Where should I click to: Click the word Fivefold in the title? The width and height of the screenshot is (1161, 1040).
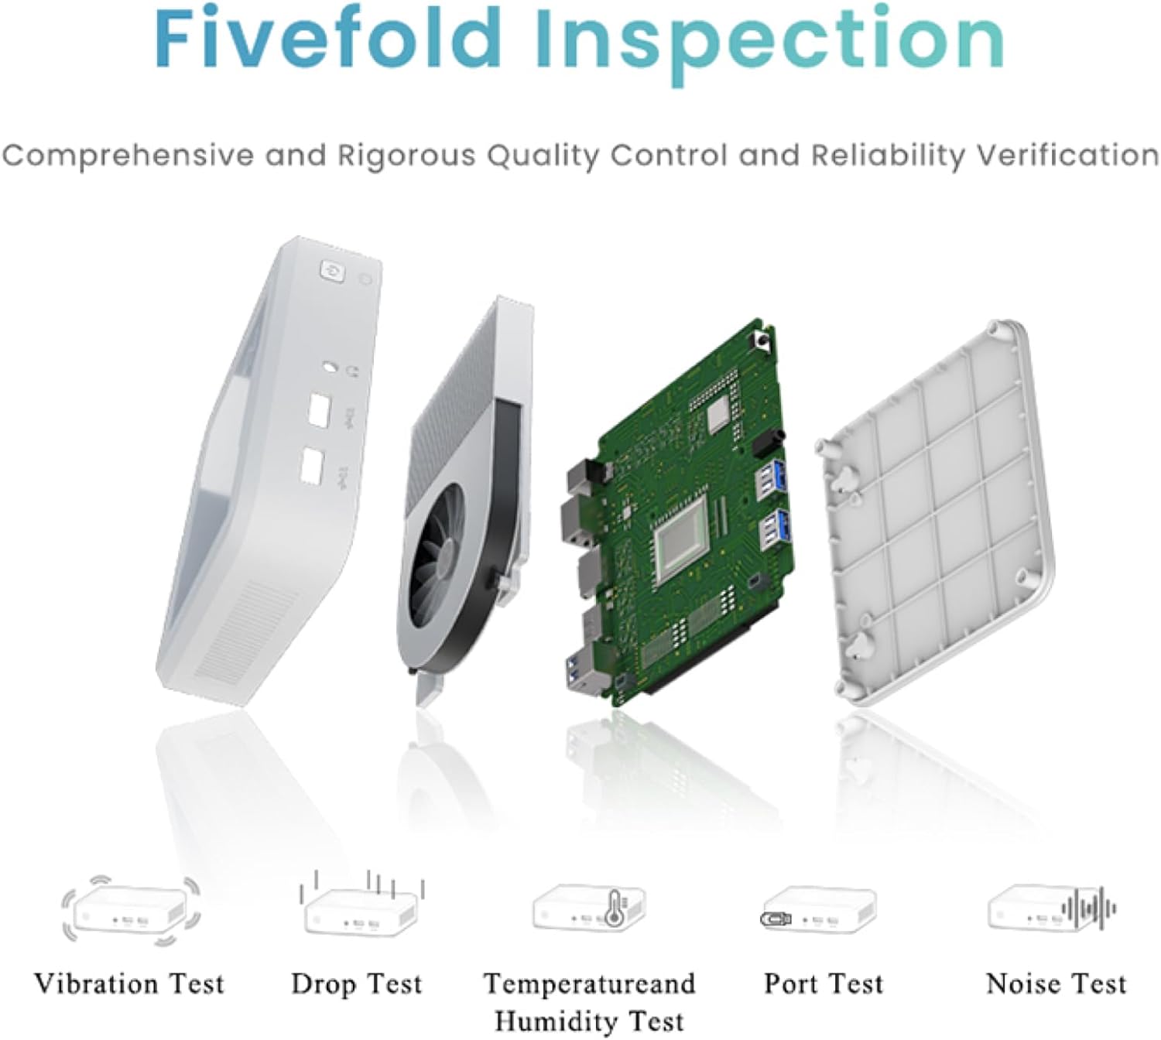coord(327,39)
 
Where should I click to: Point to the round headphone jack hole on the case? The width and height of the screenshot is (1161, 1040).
coord(330,367)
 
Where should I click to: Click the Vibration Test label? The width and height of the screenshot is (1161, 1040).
coord(129,984)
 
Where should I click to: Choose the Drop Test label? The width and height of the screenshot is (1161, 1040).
coord(357,984)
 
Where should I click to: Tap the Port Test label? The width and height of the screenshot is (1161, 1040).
coord(824,984)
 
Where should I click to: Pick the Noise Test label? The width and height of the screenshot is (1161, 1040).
coord(1057,984)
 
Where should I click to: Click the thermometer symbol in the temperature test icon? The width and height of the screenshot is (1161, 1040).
coord(615,908)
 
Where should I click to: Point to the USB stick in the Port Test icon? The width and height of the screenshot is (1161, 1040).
coord(776,919)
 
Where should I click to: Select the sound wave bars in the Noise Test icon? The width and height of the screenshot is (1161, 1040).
coord(1088,908)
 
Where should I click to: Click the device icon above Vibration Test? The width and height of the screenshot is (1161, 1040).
coord(131,911)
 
